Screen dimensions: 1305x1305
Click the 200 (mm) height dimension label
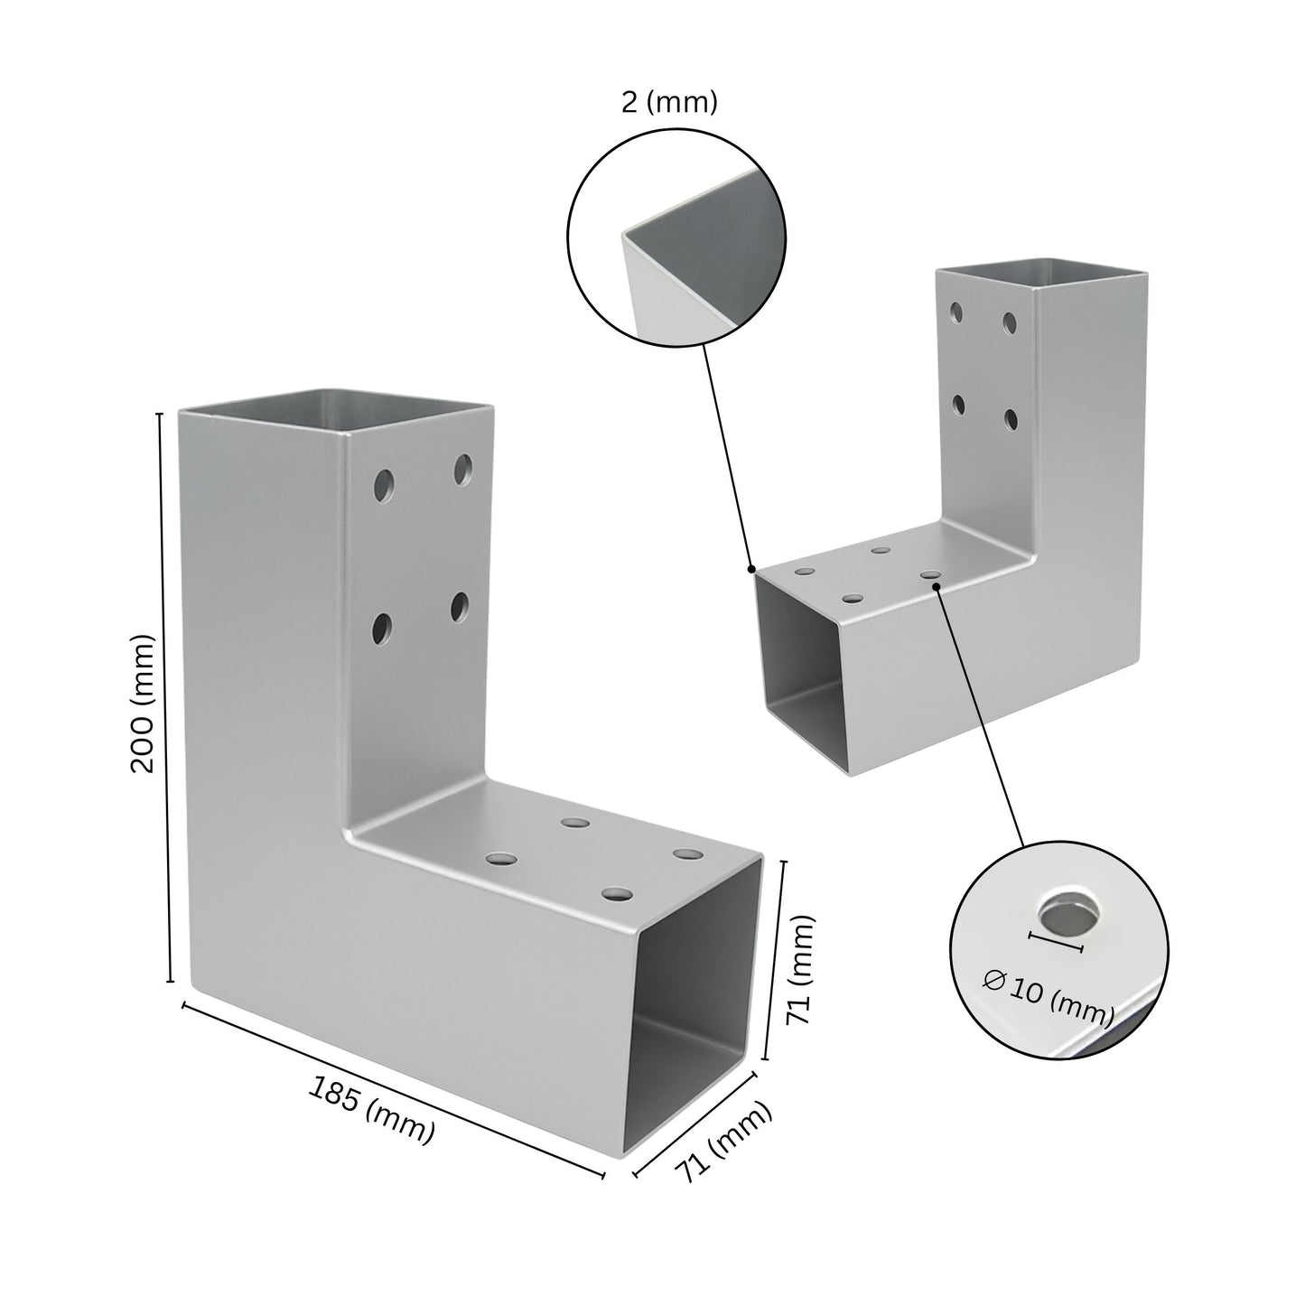pyautogui.click(x=144, y=703)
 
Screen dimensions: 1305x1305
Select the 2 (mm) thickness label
pyautogui.click(x=669, y=103)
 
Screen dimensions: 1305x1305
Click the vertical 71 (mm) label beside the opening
pyautogui.click(x=800, y=970)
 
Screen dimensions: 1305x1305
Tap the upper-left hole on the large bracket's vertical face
pyautogui.click(x=386, y=485)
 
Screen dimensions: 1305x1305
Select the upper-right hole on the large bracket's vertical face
pyautogui.click(x=463, y=469)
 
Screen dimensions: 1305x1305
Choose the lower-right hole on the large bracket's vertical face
pyautogui.click(x=459, y=607)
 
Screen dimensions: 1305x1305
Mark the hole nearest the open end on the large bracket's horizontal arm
pyautogui.click(x=618, y=895)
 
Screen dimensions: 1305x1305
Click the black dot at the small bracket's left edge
pyautogui.click(x=751, y=569)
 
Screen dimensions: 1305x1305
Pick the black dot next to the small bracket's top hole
pyautogui.click(x=938, y=586)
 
